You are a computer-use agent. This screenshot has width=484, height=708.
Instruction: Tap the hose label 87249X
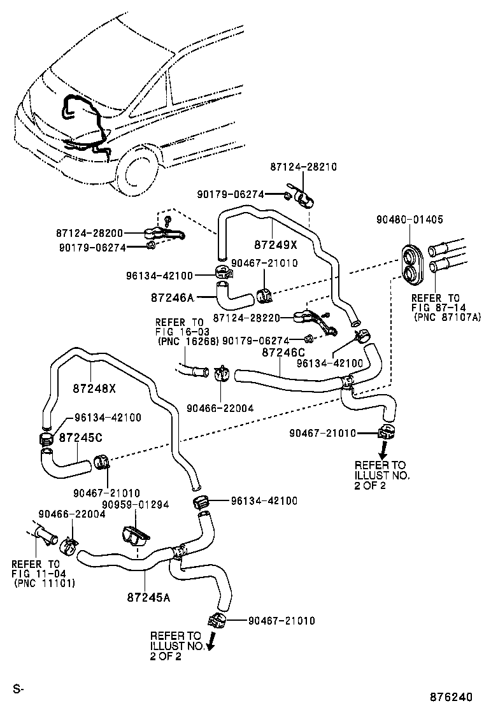(x=274, y=244)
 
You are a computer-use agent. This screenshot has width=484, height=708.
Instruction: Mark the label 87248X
(x=94, y=388)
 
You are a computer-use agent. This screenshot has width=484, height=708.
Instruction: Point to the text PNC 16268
(x=188, y=341)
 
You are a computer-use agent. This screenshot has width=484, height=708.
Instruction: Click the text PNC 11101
(x=43, y=583)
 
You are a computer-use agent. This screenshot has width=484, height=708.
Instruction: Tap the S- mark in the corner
(x=18, y=688)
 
